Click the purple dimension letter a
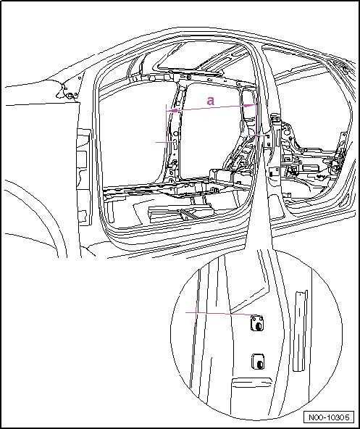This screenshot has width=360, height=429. coord(210,101)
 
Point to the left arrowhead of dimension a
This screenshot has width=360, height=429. coord(172,111)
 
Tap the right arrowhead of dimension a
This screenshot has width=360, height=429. coord(250,105)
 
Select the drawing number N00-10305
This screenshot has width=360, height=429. coord(329,417)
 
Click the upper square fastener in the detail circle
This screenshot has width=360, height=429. coord(257,323)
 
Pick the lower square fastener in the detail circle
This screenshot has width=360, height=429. coord(258,362)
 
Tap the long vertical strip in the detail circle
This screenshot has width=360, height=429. coord(300,330)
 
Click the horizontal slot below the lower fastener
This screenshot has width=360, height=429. coord(251,382)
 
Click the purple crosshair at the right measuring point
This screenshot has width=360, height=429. coord(256,136)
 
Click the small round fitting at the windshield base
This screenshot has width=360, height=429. coord(70,95)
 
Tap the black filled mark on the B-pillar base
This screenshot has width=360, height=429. coord(271,173)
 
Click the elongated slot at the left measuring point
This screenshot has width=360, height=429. coord(175,143)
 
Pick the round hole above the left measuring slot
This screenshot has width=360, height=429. coord(175,133)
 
